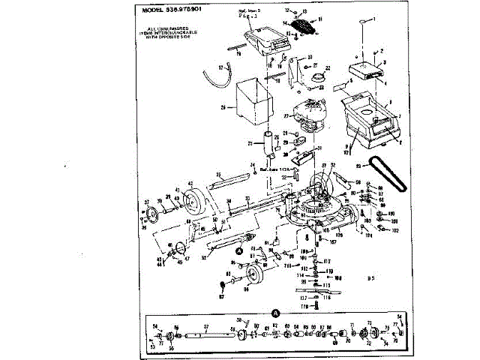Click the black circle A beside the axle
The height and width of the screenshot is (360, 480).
pos(240,252)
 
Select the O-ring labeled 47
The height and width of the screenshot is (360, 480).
pos(170,250)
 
